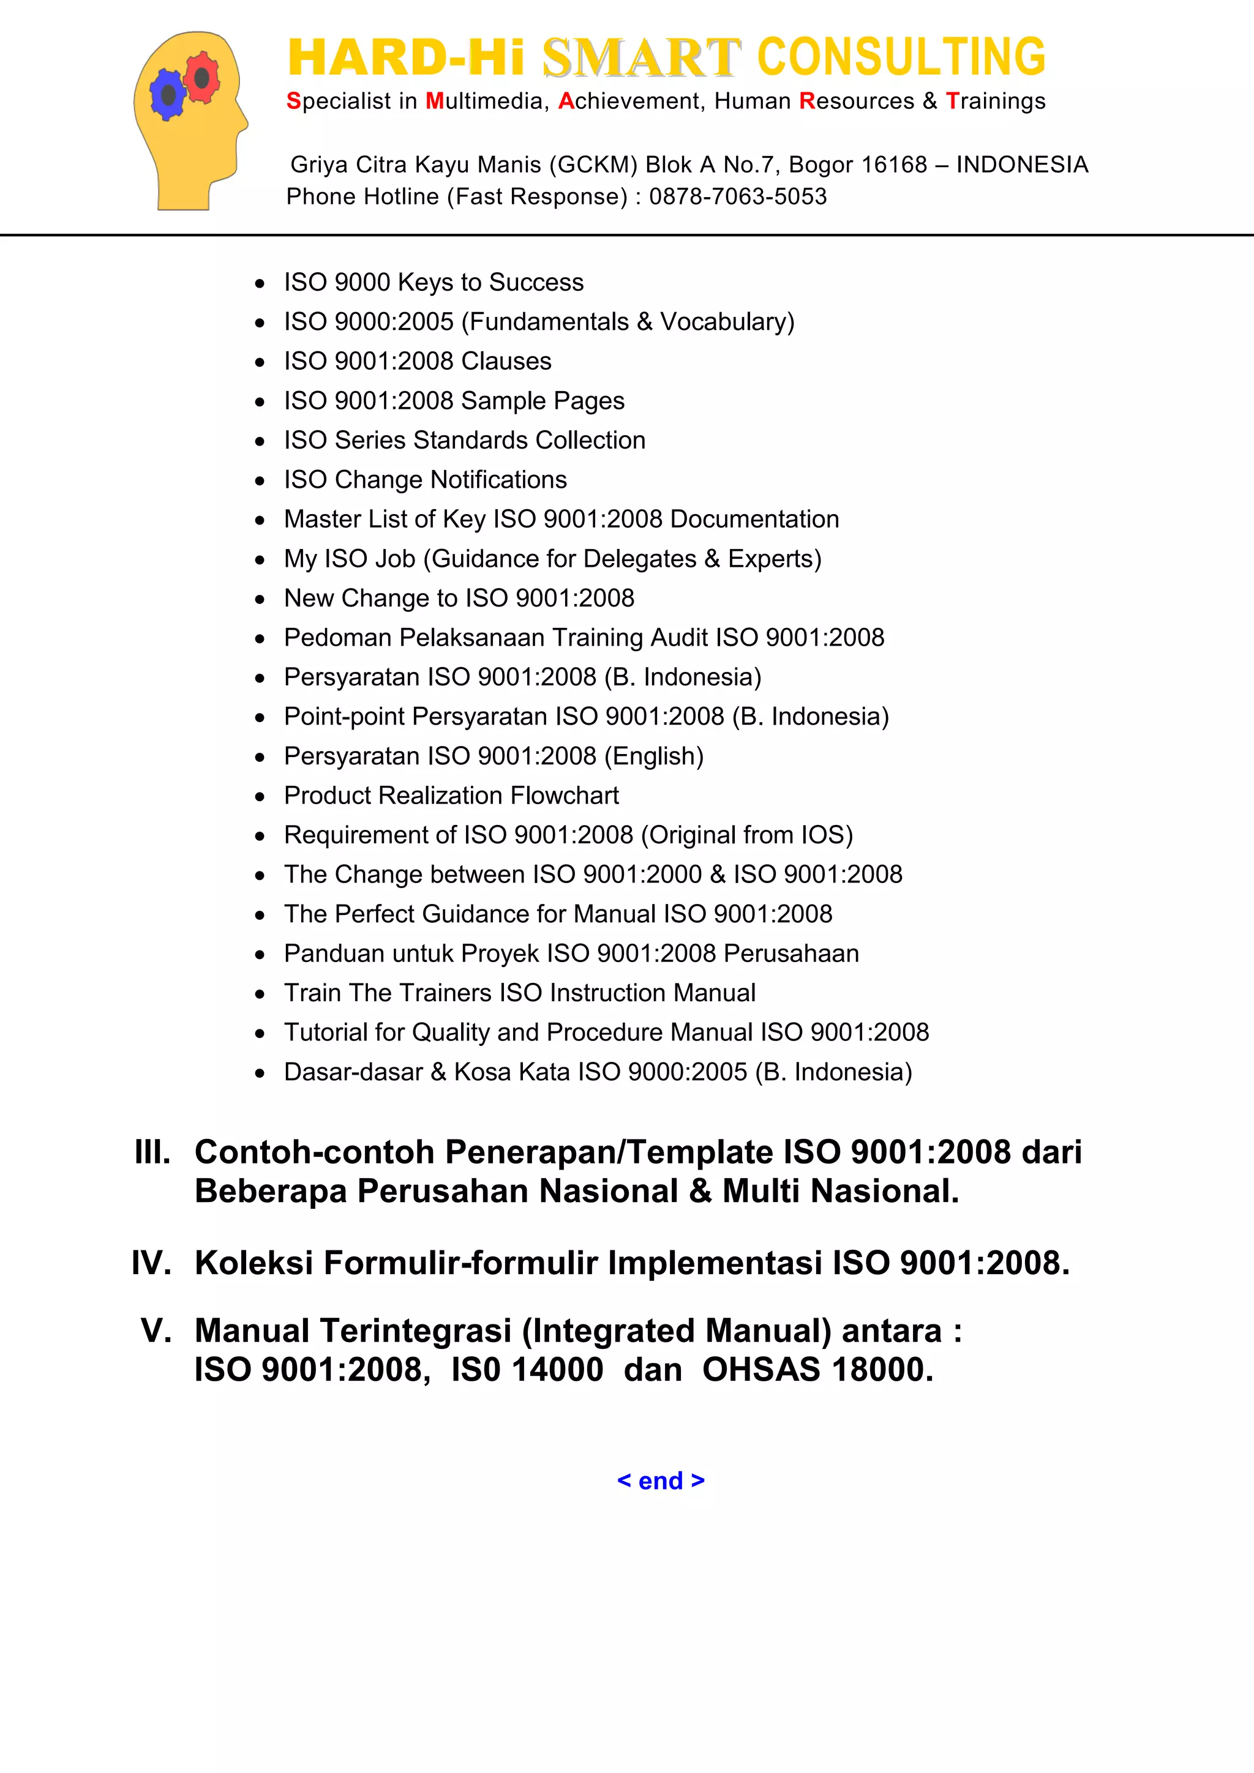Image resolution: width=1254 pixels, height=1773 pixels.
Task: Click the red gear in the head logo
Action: tap(201, 77)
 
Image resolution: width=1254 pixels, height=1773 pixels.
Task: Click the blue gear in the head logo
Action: tap(168, 95)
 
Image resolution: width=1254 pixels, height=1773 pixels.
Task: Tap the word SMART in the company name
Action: tap(641, 58)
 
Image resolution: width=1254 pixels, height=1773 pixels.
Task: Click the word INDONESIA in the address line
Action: tap(1021, 165)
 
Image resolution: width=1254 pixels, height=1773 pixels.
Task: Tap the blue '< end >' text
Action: tap(661, 1480)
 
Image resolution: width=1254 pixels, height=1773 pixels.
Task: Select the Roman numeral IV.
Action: tap(151, 1263)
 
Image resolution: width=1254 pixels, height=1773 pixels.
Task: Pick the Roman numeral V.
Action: tap(156, 1331)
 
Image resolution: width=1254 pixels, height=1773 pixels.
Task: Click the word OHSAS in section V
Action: tap(760, 1370)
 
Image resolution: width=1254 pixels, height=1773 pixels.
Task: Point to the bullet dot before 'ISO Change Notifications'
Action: tap(260, 481)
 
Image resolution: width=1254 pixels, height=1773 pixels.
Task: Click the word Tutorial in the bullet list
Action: tap(326, 1032)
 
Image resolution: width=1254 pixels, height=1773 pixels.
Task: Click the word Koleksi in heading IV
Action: tap(254, 1263)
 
